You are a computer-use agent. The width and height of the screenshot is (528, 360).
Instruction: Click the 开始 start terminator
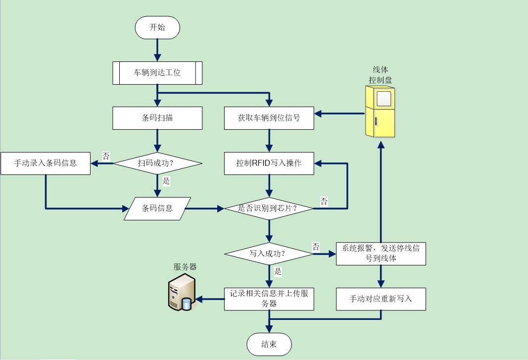pyautogui.click(x=157, y=27)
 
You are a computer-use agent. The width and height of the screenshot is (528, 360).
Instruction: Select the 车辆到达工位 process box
pyautogui.click(x=157, y=73)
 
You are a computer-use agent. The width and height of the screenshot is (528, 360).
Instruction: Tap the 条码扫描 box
pyautogui.click(x=157, y=118)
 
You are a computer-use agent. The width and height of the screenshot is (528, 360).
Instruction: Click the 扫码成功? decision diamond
pyautogui.click(x=157, y=163)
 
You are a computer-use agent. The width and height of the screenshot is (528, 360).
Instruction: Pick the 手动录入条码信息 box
pyautogui.click(x=46, y=163)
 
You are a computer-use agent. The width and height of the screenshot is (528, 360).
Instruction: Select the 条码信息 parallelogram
pyautogui.click(x=157, y=208)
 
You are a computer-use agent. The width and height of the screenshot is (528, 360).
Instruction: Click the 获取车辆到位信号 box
pyautogui.click(x=269, y=118)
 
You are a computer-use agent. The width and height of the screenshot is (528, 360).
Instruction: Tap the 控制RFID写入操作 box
pyautogui.click(x=269, y=163)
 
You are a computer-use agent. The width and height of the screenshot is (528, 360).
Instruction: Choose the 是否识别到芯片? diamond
pyautogui.click(x=269, y=208)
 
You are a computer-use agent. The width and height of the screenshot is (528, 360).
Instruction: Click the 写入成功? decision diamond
pyautogui.click(x=269, y=254)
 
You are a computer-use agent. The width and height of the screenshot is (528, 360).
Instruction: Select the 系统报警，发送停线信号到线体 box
pyautogui.click(x=381, y=253)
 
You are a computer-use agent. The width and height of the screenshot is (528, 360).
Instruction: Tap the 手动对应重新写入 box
pyautogui.click(x=381, y=299)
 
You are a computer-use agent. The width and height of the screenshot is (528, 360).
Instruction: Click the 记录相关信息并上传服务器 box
pyautogui.click(x=269, y=299)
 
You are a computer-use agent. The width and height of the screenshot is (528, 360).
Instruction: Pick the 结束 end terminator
pyautogui.click(x=269, y=344)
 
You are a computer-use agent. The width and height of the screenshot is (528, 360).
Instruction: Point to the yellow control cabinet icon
pyautogui.click(x=380, y=111)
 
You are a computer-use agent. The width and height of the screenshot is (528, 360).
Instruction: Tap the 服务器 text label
pyautogui.click(x=185, y=267)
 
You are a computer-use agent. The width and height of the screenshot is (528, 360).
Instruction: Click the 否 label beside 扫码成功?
pyautogui.click(x=106, y=156)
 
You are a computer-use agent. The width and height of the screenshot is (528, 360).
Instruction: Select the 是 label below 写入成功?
pyautogui.click(x=278, y=271)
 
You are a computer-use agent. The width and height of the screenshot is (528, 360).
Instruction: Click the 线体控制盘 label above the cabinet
pyautogui.click(x=380, y=75)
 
